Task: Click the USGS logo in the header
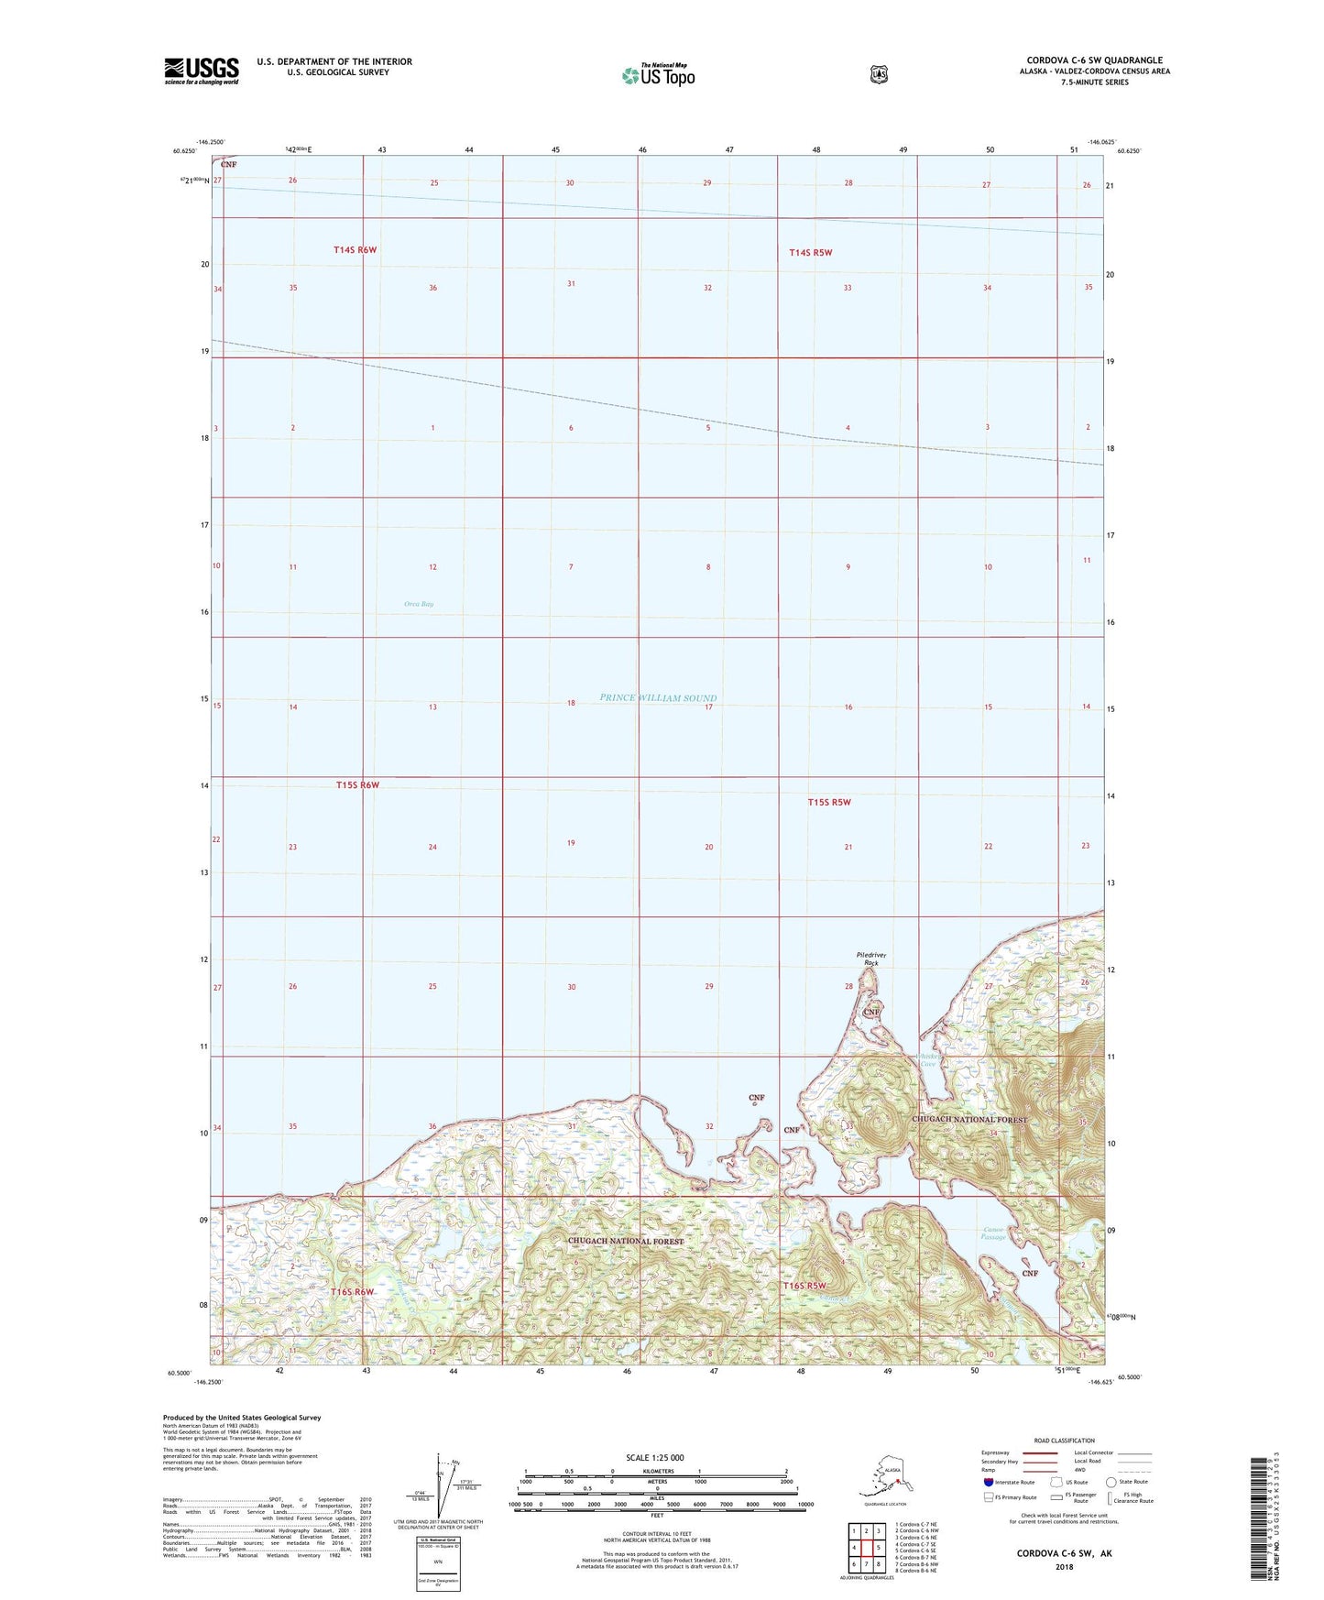202,71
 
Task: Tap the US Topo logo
658,74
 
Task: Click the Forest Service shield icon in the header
879,74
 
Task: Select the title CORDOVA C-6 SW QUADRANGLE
1094,60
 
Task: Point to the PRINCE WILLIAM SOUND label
658,698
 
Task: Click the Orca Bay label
419,604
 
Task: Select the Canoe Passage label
994,1233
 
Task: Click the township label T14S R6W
355,249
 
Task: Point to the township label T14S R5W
810,253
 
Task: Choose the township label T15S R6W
357,785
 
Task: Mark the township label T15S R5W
829,803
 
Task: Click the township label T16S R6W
353,1292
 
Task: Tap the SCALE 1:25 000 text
654,1458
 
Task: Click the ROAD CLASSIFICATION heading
1064,1441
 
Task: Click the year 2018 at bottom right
1064,1566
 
